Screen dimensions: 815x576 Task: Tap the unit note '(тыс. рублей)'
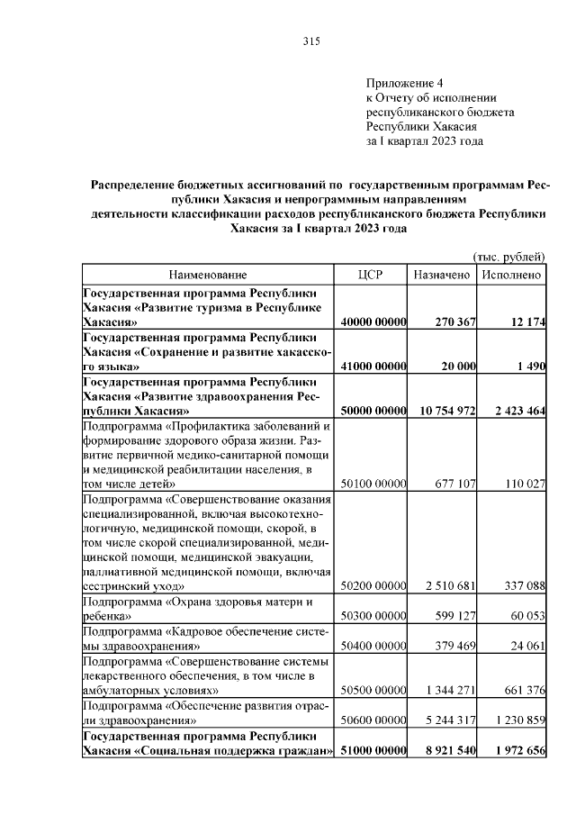point(508,256)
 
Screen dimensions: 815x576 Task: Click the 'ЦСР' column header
point(371,274)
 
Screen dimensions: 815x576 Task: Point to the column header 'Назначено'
point(442,274)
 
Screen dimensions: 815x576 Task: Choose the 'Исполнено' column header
point(511,274)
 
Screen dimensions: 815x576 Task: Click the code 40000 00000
point(373,323)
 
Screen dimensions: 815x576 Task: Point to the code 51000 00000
point(373,750)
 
